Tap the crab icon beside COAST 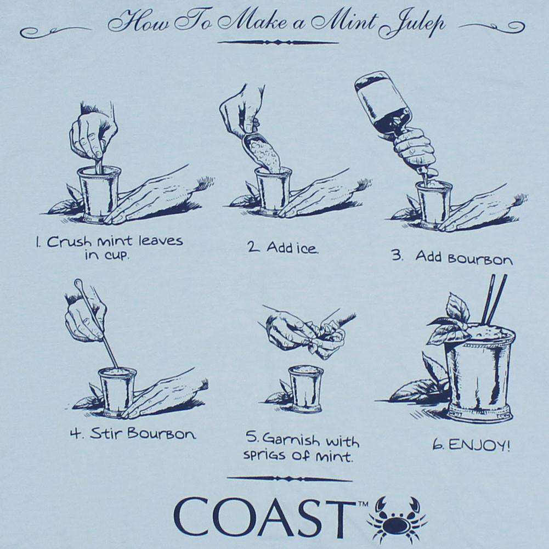pos(397,519)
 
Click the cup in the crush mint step pos(99,192)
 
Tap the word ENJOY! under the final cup pos(479,444)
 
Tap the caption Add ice pos(282,247)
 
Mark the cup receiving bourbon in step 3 pos(433,203)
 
